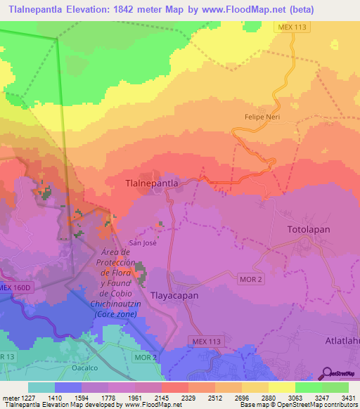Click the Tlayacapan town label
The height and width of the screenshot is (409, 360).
click(x=174, y=295)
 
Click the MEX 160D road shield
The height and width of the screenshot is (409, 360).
click(x=15, y=287)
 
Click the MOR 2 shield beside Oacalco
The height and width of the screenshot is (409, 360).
click(x=146, y=358)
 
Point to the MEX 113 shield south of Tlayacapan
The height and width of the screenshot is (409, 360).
click(x=207, y=340)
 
